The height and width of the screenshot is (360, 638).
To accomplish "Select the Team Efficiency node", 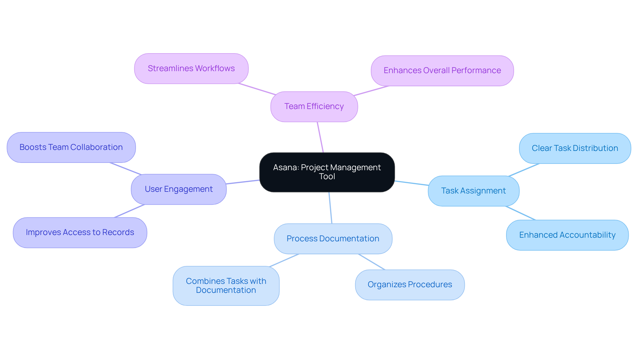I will click(314, 106).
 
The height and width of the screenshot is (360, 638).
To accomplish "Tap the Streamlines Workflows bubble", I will click(191, 68).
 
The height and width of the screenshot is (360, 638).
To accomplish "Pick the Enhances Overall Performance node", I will click(442, 70).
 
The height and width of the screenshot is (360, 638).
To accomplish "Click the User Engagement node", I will click(179, 189).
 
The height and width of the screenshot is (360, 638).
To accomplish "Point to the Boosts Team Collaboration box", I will click(71, 147).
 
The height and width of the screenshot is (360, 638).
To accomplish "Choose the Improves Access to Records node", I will click(80, 232).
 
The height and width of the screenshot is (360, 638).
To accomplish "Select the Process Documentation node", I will click(333, 239).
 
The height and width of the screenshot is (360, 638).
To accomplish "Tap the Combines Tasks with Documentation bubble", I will click(226, 286).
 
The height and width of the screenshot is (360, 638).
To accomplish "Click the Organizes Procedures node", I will click(410, 285).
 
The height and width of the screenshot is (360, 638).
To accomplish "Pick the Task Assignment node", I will click(474, 191).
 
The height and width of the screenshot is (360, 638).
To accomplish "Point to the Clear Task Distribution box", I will click(575, 148).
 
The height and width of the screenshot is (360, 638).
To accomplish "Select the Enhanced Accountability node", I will click(567, 235).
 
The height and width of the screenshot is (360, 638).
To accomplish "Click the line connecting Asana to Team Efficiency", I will click(320, 137).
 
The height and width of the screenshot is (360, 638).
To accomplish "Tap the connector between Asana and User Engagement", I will click(243, 182).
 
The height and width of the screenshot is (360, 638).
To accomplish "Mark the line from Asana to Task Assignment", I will click(411, 183).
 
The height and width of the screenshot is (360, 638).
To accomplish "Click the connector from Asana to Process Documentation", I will click(330, 208).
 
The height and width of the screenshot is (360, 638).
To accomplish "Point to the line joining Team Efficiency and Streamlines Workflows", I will click(257, 89).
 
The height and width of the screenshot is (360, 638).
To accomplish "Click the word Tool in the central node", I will click(327, 177).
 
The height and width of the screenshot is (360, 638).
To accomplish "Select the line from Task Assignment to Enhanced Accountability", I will click(520, 213).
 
